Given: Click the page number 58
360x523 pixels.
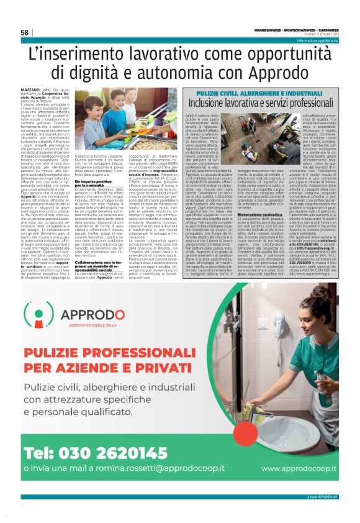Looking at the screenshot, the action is [24, 32].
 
